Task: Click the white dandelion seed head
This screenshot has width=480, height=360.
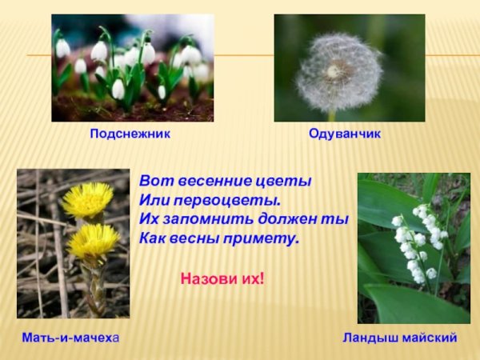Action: (x=338, y=72)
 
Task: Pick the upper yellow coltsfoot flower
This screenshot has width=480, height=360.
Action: (x=87, y=199)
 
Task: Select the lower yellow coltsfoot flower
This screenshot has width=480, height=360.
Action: (x=93, y=239)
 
